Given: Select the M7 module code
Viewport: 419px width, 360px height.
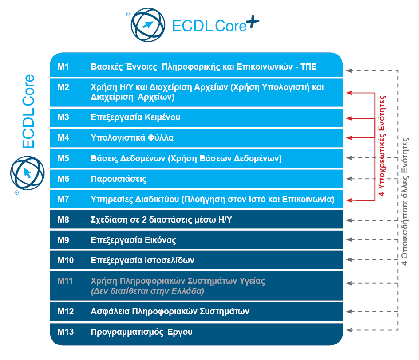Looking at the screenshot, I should click(63, 199).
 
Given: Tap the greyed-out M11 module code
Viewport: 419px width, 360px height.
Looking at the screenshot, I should click(65, 281).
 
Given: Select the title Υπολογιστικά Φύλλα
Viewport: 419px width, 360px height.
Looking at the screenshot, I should click(132, 138).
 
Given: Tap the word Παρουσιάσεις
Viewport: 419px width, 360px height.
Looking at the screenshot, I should click(119, 179).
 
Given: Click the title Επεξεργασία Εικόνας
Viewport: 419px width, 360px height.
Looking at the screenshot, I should click(134, 240).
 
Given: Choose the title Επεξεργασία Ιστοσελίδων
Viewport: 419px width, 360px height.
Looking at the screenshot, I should click(142, 260).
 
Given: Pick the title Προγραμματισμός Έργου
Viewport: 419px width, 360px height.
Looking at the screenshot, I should click(142, 332).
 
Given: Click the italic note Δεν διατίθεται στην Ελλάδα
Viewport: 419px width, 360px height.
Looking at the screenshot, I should click(147, 292).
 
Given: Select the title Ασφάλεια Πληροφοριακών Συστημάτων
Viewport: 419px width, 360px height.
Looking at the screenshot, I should click(170, 312).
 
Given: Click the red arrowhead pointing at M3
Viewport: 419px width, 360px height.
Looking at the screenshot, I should click(350, 118).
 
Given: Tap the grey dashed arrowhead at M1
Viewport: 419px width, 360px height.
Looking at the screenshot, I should click(350, 70).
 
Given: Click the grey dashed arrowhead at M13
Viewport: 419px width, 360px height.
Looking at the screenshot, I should click(350, 329).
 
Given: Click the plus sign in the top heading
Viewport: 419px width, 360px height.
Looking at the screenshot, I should click(252, 23).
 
